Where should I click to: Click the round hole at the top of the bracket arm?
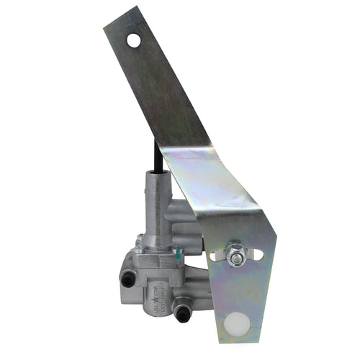coord(134,41)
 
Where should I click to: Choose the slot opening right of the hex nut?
coord(257,255)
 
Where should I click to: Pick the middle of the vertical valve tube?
coord(157,209)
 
